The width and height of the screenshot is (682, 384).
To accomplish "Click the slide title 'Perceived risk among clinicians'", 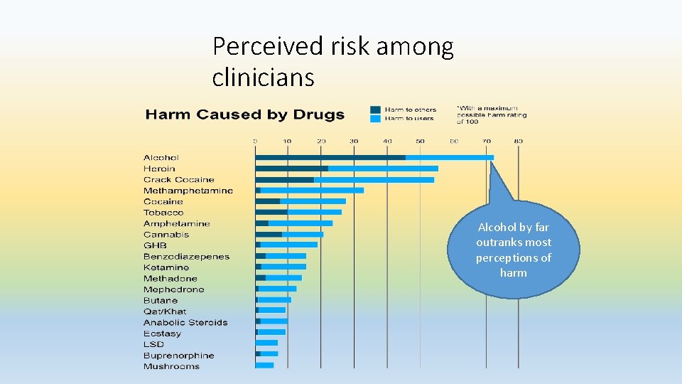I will point(332,61).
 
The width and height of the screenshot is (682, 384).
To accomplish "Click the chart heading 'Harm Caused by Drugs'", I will point(245,114).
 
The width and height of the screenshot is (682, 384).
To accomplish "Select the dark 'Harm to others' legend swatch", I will point(375,110).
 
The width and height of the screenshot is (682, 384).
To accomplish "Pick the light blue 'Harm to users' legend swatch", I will point(375,119).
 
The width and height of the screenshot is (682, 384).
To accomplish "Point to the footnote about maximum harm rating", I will point(492,114).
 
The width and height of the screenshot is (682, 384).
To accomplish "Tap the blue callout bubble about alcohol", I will point(513,250).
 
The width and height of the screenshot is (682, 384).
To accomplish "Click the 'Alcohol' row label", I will point(161,157).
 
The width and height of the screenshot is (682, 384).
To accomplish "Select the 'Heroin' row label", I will point(159,169).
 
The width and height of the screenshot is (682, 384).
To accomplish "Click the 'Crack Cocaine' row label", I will point(178,179).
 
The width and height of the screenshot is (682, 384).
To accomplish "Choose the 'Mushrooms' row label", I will point(171,366).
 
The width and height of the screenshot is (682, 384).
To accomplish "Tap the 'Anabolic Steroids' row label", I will point(185,322).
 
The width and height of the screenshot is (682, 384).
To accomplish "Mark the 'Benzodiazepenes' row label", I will point(186,256).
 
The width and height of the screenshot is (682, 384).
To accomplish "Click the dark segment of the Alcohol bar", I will point(330,157).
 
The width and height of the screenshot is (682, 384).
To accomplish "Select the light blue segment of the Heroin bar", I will point(383,169).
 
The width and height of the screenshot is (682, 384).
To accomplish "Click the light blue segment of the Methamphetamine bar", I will point(312,191).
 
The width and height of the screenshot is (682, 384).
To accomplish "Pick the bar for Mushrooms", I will point(264,366).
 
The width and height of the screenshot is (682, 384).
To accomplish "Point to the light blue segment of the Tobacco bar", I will point(315,212).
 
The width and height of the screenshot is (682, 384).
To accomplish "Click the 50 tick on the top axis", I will point(420,141).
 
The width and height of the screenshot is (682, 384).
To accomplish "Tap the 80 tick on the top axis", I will point(519,141).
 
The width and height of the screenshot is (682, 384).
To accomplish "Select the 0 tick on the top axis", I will point(256,141).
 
